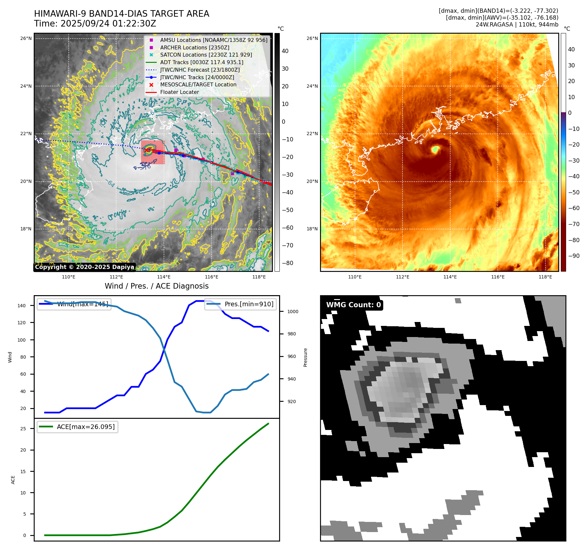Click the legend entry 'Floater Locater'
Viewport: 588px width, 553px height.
coord(179,92)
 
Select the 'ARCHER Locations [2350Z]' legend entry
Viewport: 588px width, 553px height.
coord(194,47)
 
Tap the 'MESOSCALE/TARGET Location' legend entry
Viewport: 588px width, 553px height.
coord(198,85)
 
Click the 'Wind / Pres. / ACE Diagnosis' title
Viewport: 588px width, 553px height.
coord(156,286)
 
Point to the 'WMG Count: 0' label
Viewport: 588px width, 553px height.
coord(353,305)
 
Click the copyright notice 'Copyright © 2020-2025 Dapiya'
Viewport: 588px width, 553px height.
coord(84,267)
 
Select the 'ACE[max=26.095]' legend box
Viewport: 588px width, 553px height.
coord(78,427)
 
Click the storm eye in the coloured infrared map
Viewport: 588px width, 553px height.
coord(435,150)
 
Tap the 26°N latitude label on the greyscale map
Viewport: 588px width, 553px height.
coord(26,39)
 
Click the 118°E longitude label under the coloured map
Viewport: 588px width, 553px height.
coord(545,277)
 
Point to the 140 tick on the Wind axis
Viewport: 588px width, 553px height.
coord(22,306)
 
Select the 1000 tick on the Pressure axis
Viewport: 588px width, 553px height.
coord(293,312)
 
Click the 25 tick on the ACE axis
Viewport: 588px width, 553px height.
coord(23,429)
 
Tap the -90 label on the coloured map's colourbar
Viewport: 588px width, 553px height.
coord(574,256)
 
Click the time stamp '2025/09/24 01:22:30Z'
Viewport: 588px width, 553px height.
coord(108,24)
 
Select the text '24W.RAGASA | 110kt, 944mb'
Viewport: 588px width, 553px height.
coord(517,25)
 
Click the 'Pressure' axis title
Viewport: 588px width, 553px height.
coord(305,357)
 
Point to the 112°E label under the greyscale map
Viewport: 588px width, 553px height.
coord(116,277)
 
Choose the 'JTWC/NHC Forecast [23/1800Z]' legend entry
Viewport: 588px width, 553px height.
coord(200,70)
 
